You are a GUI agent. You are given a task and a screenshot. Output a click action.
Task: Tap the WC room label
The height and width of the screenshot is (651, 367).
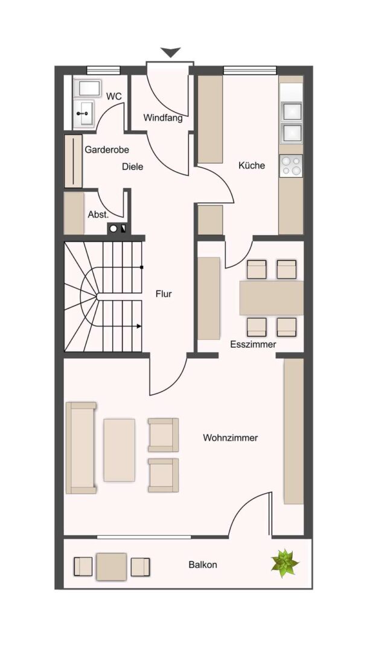(114, 96)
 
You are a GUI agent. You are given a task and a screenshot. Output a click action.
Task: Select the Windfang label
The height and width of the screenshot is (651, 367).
(163, 118)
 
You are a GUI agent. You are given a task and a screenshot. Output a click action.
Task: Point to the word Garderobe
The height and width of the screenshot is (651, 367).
(107, 149)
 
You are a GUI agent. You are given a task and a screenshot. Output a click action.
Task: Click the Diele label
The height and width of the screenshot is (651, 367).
(133, 166)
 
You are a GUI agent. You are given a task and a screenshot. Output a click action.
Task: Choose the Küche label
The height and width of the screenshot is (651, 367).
(252, 165)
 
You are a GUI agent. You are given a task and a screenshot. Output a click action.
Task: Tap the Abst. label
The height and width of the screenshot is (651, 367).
(98, 215)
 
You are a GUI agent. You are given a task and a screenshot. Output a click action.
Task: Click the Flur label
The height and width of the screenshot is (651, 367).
(163, 294)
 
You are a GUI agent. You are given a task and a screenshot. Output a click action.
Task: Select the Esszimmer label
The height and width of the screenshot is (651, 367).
(253, 344)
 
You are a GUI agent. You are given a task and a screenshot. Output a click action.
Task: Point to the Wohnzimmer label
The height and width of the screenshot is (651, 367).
(230, 438)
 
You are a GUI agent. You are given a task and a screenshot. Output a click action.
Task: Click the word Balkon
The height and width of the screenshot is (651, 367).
(203, 565)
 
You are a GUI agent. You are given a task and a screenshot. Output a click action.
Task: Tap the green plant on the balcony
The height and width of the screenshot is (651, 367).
(284, 564)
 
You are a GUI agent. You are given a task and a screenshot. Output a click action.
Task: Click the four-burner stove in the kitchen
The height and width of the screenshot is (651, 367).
(291, 165)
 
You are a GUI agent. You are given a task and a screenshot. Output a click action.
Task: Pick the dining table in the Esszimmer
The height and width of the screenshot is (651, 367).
(272, 298)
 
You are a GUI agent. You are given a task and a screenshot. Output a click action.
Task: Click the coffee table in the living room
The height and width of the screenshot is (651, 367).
(120, 450)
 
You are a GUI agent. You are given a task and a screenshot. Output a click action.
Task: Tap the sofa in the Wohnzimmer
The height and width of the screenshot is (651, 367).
(81, 447)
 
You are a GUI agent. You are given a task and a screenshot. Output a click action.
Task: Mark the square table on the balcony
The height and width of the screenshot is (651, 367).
(112, 567)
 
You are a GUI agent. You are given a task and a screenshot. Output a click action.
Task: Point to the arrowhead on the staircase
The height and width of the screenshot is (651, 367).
(139, 326)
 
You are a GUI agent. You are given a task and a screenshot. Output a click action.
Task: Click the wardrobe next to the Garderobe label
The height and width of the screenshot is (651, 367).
(74, 161)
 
